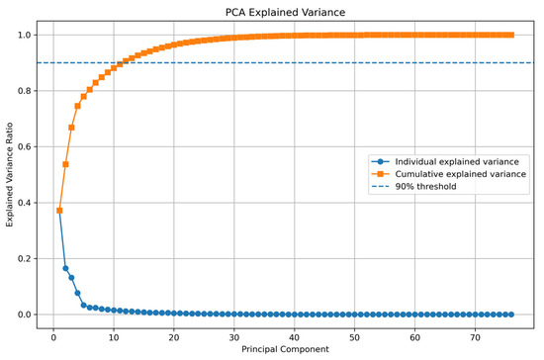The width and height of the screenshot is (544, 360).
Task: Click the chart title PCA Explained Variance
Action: pos(285,13)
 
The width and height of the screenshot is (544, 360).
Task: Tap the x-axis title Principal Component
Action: pos(285,349)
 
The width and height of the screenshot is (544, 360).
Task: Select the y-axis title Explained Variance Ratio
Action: pos(9,175)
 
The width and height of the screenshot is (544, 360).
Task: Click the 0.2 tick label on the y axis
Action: pos(25,259)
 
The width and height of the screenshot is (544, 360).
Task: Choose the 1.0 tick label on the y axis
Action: pos(25,35)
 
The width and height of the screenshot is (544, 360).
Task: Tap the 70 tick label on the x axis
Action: pos(476,337)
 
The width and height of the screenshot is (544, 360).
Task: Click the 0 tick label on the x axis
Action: pos(53,337)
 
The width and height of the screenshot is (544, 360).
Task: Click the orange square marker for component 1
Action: pos(59,211)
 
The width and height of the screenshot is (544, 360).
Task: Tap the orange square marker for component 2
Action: pos(65,164)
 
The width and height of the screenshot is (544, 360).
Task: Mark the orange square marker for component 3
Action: pos(71,128)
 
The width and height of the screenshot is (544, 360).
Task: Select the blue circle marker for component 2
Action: pos(65,268)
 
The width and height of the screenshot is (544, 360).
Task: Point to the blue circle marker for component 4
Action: pos(77,293)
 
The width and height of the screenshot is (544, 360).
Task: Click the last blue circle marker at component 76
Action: pos(511,315)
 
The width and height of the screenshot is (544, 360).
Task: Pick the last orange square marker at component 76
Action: pos(511,35)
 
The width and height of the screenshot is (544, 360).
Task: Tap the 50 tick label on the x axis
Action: pos(354,337)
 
